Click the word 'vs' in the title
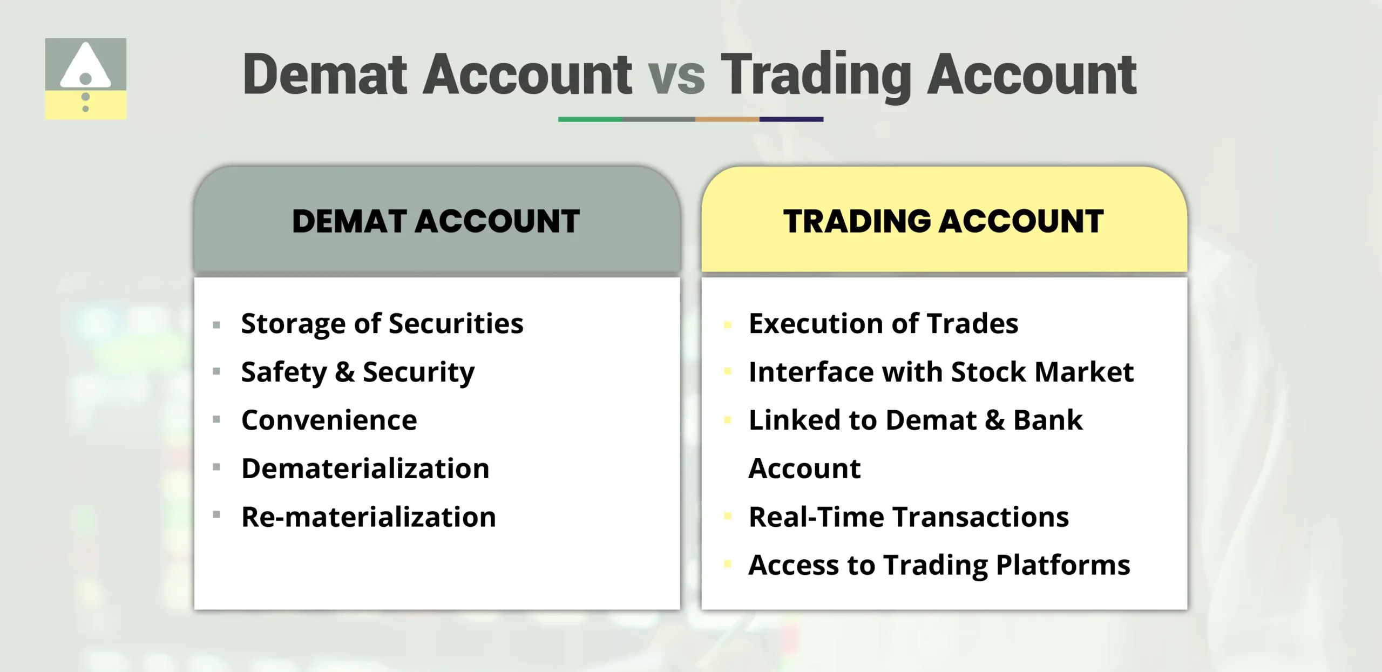point(676,76)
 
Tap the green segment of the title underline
point(590,119)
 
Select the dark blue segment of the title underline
point(791,119)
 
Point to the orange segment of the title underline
point(727,119)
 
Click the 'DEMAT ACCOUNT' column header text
point(436,221)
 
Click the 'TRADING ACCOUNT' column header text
point(943,221)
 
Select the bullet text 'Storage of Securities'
point(382,324)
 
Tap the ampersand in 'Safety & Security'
point(344,372)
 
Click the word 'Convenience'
point(329,420)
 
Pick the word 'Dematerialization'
point(365,469)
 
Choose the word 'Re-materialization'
point(368,517)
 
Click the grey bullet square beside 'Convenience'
point(216,419)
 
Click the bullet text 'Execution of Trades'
point(883,324)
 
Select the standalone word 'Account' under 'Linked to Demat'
point(804,469)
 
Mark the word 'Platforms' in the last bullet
point(1062,565)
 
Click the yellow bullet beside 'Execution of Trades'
point(727,325)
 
